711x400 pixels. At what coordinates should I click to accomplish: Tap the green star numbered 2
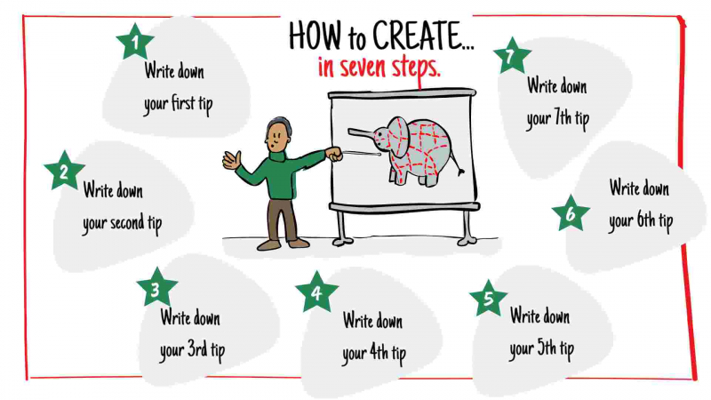point(63,171)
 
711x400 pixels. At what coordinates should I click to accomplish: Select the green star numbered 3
point(156,288)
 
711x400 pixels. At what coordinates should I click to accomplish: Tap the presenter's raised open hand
point(231,160)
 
